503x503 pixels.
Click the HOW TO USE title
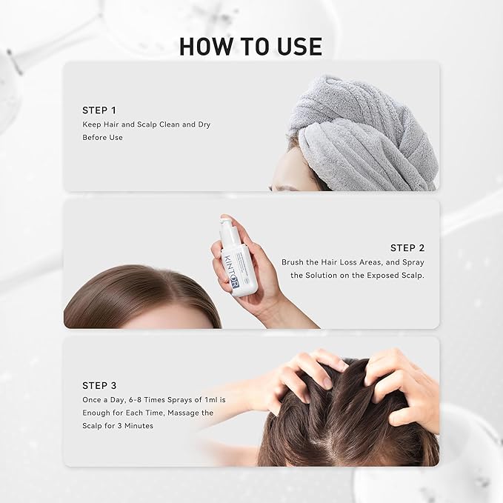(250, 46)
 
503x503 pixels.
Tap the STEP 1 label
(99, 110)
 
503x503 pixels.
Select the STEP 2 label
(407, 247)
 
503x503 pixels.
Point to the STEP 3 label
(99, 385)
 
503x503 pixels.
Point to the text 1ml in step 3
(215, 399)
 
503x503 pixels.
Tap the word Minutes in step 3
(138, 426)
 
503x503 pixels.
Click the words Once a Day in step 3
(103, 399)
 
